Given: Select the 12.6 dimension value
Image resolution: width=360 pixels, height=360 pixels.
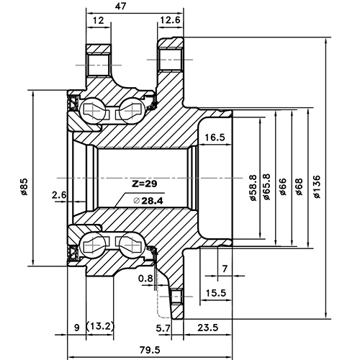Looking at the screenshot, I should click(171, 21).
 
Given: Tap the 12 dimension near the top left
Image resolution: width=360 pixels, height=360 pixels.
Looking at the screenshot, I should click(99, 21).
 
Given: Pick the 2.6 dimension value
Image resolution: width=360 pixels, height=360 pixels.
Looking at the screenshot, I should click(60, 194).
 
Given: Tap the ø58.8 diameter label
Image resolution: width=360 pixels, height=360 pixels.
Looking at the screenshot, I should click(252, 189).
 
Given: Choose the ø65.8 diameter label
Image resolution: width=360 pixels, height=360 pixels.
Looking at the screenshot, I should click(267, 189).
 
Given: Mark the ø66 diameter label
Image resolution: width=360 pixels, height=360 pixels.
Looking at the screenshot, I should click(283, 189).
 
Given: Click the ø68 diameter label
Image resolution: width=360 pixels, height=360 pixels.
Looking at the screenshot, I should click(299, 189).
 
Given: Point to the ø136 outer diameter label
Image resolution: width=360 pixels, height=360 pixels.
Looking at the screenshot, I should click(318, 189).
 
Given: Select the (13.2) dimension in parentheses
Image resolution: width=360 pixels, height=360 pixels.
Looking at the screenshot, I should click(100, 327).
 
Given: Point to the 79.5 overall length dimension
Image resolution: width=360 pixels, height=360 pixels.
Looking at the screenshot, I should click(150, 350).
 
